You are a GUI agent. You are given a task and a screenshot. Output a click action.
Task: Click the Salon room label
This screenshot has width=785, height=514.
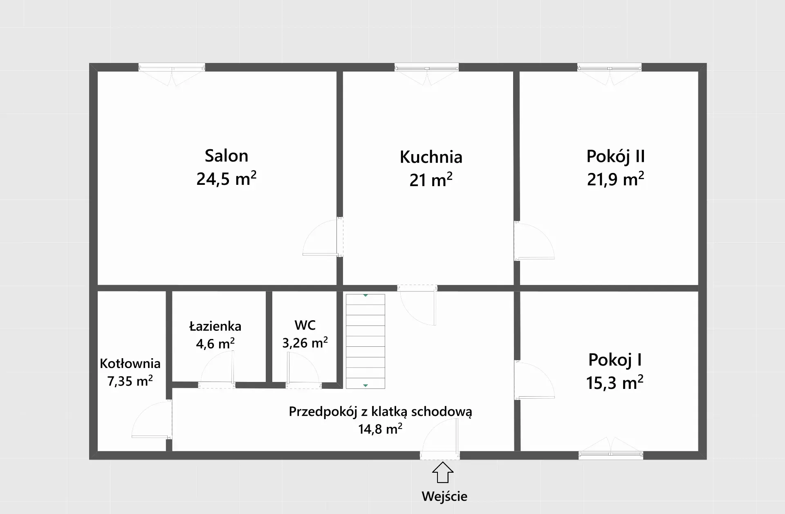[226, 156]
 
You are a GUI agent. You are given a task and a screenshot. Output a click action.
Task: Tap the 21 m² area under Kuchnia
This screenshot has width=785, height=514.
[431, 180]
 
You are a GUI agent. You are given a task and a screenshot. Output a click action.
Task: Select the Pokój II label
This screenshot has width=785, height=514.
[615, 156]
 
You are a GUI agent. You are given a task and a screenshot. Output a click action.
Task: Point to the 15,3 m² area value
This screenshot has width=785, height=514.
[615, 383]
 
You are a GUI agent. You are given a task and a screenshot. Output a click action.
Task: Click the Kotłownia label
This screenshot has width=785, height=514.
[130, 363]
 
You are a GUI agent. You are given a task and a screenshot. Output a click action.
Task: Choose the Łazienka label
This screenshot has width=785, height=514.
[215, 326]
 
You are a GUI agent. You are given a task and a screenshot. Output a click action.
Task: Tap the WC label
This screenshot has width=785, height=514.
[305, 325]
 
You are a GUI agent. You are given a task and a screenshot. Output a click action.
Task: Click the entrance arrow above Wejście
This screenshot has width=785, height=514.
[442, 473]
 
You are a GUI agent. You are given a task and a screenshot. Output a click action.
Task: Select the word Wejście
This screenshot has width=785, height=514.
[444, 496]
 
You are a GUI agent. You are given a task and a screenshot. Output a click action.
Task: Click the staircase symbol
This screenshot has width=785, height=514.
[365, 341]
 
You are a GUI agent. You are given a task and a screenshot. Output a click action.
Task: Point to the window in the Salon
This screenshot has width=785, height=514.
[172, 68]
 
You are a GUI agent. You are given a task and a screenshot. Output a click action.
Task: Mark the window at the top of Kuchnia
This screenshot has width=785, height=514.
[426, 68]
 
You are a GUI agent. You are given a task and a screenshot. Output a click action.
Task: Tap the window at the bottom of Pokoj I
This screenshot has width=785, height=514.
[610, 454]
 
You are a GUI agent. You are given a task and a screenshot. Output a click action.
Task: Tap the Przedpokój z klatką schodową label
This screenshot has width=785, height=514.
[380, 411]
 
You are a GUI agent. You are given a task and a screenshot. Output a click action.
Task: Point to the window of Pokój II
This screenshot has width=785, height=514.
[609, 68]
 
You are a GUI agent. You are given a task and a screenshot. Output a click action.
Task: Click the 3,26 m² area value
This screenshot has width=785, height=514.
[305, 342]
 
